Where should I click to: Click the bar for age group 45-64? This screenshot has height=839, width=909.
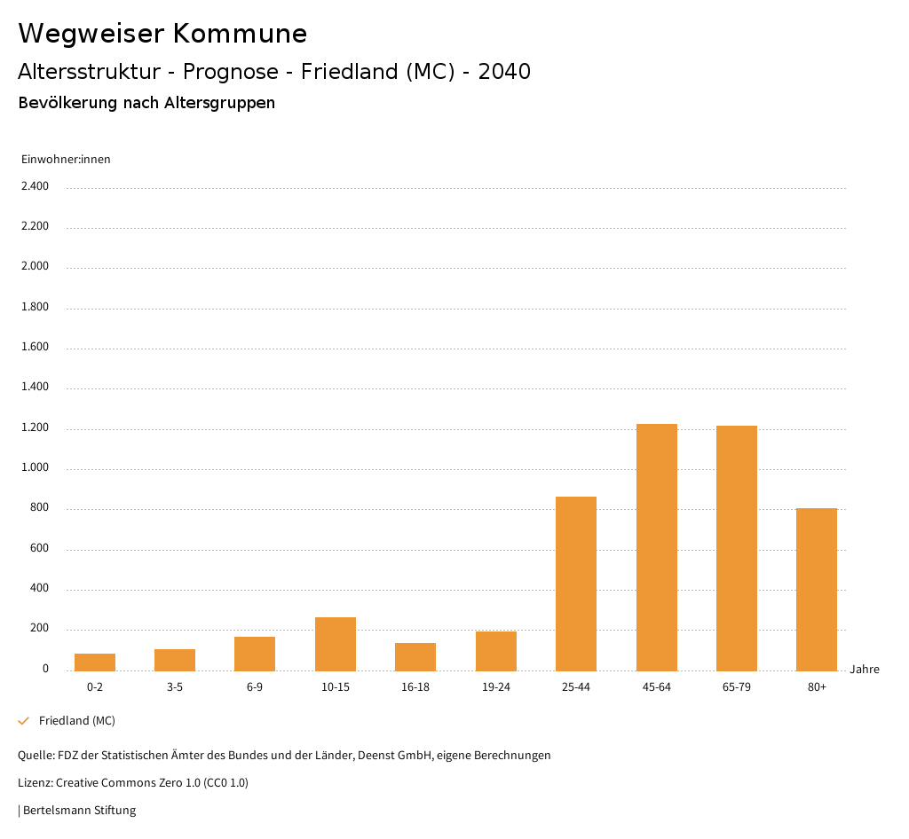click(x=656, y=547)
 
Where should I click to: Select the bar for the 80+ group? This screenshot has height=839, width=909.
click(x=817, y=590)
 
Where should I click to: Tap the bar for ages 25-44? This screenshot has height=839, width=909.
click(x=576, y=584)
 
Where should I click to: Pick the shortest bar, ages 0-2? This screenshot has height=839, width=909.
click(x=95, y=663)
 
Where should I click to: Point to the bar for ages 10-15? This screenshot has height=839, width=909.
click(x=336, y=644)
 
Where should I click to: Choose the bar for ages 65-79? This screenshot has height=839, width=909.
click(x=737, y=548)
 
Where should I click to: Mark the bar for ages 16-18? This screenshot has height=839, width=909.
click(x=415, y=657)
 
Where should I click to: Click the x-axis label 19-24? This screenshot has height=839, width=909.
click(x=496, y=687)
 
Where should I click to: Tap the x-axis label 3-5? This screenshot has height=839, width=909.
click(x=175, y=687)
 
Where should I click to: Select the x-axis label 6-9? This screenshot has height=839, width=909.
click(x=255, y=687)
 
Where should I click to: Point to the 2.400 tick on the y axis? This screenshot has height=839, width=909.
click(x=35, y=186)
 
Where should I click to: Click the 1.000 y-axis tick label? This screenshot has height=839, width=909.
click(x=35, y=468)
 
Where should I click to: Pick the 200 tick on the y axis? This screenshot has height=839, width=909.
click(x=39, y=629)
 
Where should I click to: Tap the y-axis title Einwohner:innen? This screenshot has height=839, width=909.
click(x=66, y=160)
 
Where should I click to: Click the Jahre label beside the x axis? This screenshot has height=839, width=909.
click(x=865, y=670)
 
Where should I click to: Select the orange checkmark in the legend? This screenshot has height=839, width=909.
click(x=24, y=721)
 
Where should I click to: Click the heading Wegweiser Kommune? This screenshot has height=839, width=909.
click(x=162, y=34)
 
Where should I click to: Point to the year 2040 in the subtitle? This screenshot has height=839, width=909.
click(x=504, y=72)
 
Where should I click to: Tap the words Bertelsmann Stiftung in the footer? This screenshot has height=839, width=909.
click(x=79, y=811)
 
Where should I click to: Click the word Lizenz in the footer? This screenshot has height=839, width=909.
click(x=35, y=783)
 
